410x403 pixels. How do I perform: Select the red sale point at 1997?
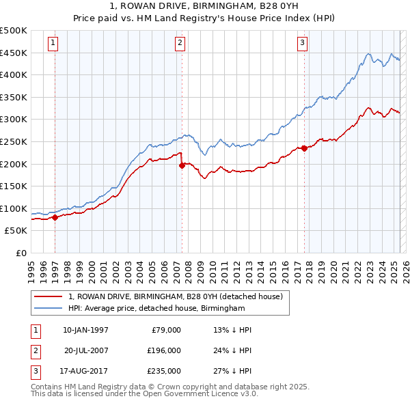(x=55, y=218)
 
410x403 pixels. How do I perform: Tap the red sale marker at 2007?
(x=182, y=165)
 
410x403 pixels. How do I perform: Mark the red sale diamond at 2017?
(x=304, y=148)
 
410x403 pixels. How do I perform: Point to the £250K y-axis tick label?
(x=14, y=141)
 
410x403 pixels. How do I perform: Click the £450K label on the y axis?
(x=14, y=53)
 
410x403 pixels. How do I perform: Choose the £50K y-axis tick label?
(x=16, y=231)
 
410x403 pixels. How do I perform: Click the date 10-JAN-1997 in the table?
(x=85, y=330)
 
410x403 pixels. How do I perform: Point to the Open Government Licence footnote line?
(x=144, y=394)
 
